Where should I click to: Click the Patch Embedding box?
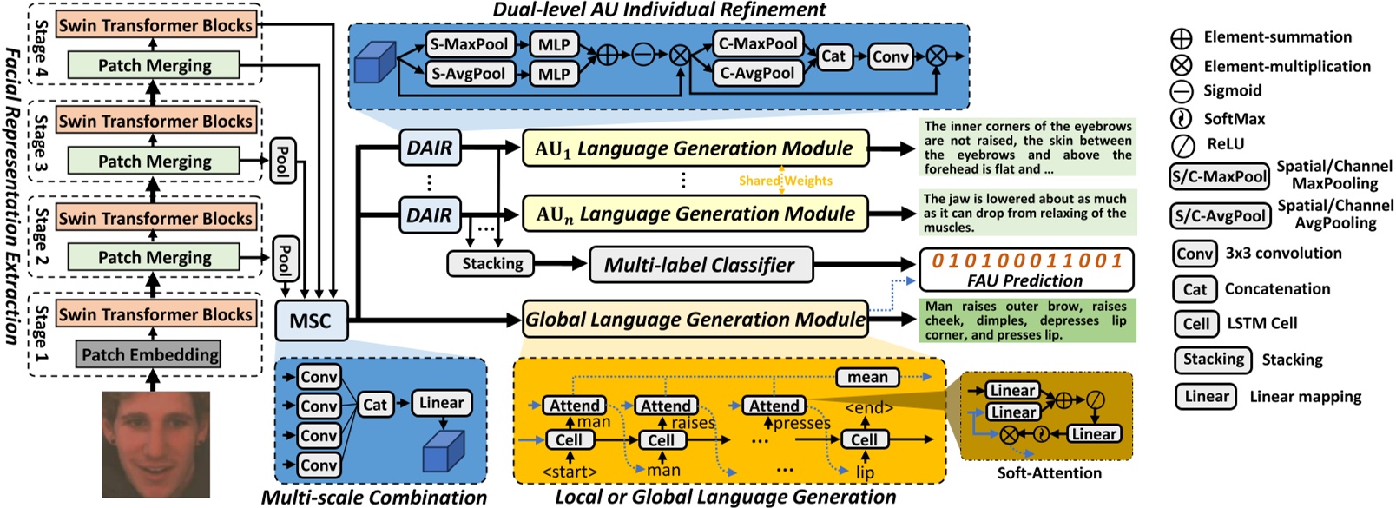coord(150,354)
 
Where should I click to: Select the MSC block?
coord(311,321)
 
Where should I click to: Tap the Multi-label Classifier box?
coord(700,265)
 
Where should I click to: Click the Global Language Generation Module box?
coord(695,320)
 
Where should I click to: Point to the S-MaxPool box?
coord(469,44)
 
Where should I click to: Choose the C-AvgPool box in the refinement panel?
coord(757,74)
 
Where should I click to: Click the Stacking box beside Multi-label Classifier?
coord(492,264)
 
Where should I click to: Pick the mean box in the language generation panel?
coord(867,377)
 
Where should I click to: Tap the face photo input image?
coord(156,445)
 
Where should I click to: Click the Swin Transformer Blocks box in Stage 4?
coord(155,25)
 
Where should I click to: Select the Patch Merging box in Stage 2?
coord(155,257)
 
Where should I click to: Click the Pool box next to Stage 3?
coord(281,161)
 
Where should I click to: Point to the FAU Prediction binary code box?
coord(1026,269)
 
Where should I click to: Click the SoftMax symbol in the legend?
coord(1182,119)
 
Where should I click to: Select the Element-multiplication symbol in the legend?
coord(1182,65)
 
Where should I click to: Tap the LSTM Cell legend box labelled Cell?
coord(1195,324)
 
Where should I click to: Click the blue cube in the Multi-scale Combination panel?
coord(444,452)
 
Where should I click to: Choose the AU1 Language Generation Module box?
coord(695,148)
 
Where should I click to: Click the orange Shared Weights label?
coord(785,181)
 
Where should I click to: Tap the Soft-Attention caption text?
coord(1049,473)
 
